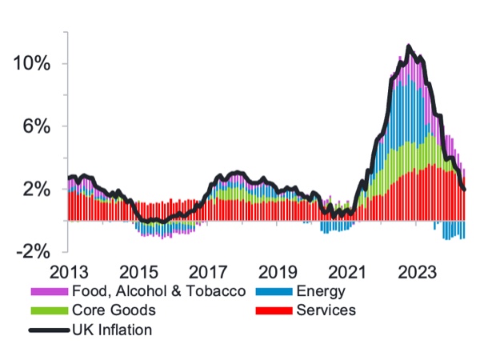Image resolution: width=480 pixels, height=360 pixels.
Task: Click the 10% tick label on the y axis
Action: point(32,64)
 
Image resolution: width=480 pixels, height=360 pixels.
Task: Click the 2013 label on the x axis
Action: point(68,271)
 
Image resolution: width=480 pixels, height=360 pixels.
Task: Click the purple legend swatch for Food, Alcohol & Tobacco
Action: point(48,291)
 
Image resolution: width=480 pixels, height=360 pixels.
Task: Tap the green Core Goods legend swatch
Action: point(48,310)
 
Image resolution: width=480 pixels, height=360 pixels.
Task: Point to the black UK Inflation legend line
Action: point(48,329)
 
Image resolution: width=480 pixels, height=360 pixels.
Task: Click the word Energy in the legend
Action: point(321,291)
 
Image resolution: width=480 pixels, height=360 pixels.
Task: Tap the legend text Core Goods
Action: point(113,310)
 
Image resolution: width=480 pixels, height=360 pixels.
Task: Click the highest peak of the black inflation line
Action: point(409,46)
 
